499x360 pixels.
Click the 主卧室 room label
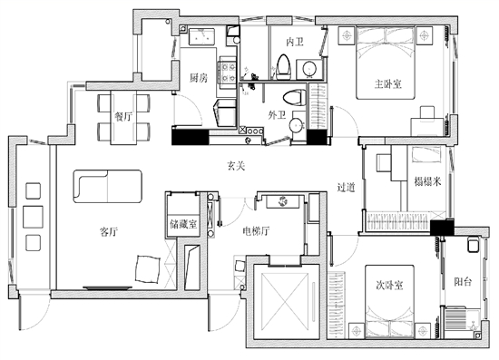point(388,84)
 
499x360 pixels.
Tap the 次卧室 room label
point(389,286)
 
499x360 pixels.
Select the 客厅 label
point(109,231)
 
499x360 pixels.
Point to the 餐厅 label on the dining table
point(123,117)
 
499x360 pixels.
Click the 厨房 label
point(199,78)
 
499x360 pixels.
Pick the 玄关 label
point(236,165)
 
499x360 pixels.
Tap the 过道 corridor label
point(346,188)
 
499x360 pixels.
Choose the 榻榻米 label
point(427,181)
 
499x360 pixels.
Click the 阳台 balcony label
point(463,281)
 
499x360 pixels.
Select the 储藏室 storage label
point(183,224)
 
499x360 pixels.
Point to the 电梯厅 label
point(256,231)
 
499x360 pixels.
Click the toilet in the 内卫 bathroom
point(284,67)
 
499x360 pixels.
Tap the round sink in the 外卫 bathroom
point(298,125)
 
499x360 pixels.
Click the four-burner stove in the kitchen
point(228,73)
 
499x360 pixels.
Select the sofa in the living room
point(108,186)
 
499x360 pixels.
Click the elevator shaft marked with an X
point(285,301)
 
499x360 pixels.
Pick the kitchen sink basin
point(201,36)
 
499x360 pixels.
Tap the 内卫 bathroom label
point(294,42)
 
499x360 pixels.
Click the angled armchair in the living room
point(147,269)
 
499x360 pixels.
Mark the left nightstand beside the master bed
point(347,35)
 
